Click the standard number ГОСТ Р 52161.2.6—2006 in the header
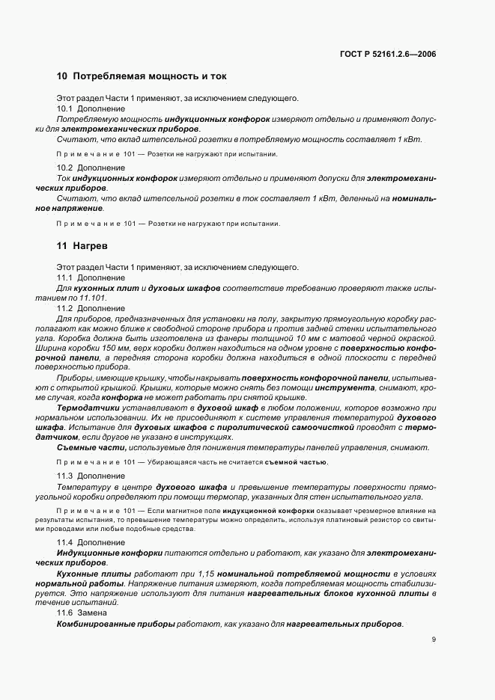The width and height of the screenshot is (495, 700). [x=389, y=54]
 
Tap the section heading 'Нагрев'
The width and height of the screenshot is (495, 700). [x=91, y=246]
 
